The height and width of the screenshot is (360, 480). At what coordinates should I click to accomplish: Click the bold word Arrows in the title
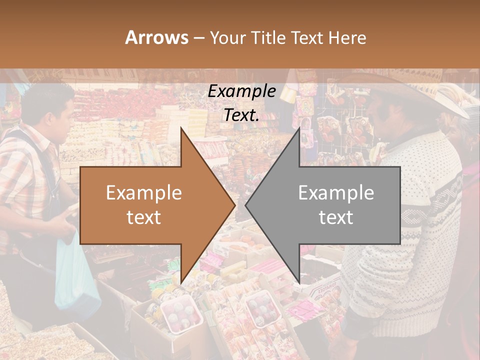click(x=156, y=37)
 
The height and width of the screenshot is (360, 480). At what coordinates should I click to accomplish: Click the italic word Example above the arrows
click(x=241, y=91)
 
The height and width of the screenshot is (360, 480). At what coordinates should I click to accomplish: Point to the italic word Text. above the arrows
click(x=241, y=115)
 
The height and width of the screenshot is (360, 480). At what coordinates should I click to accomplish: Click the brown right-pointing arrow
click(x=150, y=205)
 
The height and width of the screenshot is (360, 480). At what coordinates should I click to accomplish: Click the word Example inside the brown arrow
click(x=144, y=193)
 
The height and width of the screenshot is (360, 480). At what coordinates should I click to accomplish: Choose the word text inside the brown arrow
click(x=144, y=217)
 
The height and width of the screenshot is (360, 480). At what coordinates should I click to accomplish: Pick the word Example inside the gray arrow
click(x=336, y=193)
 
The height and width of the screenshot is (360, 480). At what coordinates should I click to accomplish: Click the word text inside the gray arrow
click(x=336, y=217)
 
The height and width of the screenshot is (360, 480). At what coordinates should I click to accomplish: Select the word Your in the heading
click(x=226, y=38)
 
